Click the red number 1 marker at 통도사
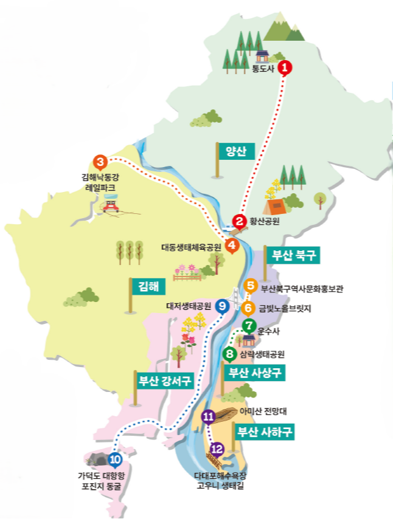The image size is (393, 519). [x=285, y=67]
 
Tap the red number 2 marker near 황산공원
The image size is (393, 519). [x=240, y=221]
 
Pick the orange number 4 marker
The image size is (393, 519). [x=232, y=246]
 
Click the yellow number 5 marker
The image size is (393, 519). [x=250, y=285]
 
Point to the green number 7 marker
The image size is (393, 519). [x=248, y=325]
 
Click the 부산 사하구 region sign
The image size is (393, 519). [x=265, y=432]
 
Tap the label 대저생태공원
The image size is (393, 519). [x=189, y=306]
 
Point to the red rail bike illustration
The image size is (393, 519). [x=110, y=205]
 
